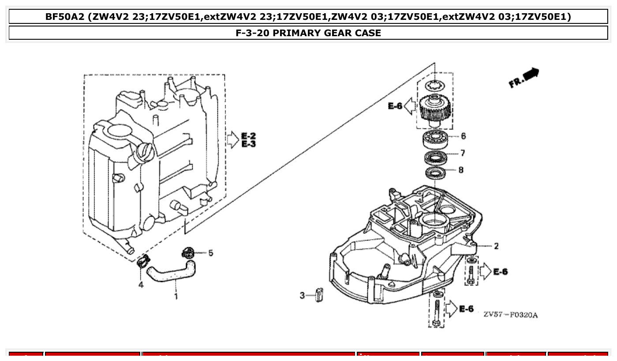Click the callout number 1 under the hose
176,296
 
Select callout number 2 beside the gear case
496,246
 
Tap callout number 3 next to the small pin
302,295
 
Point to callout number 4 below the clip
141,285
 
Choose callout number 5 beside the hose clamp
210,253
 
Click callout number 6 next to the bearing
463,136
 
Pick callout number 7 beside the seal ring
462,153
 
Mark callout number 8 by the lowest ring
461,170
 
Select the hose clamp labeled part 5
188,253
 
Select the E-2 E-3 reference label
248,139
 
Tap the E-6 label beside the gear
395,106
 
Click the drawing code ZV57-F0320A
510,315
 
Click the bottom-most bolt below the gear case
437,313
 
